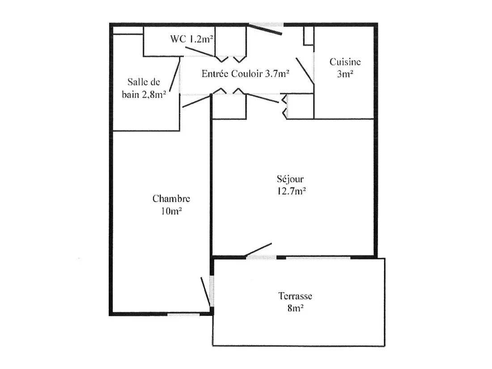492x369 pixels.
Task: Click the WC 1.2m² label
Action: coord(192,39)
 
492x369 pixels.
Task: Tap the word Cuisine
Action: coord(345,62)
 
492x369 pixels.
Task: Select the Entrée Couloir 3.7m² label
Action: coord(246,73)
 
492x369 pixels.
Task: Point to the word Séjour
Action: coord(290,179)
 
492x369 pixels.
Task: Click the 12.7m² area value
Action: coord(291,191)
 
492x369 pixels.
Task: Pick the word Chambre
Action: coord(171,199)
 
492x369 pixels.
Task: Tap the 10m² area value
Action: coord(171,211)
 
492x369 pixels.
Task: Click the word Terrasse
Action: coord(295,296)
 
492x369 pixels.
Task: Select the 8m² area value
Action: coord(295,308)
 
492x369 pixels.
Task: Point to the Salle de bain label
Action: coord(144,88)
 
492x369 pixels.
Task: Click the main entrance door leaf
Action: coord(266,30)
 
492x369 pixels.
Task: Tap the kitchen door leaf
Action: coord(305,71)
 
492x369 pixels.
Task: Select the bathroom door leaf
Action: coord(175,74)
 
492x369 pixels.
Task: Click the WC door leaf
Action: coord(199,51)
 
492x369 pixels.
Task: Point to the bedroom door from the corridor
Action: coord(196,102)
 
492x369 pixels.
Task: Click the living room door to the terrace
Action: coord(258,250)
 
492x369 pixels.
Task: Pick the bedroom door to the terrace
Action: coord(206,292)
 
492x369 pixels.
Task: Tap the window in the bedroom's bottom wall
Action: coord(183,314)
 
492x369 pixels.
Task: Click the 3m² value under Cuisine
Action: coord(345,74)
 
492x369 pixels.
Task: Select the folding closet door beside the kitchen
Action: coord(284,106)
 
